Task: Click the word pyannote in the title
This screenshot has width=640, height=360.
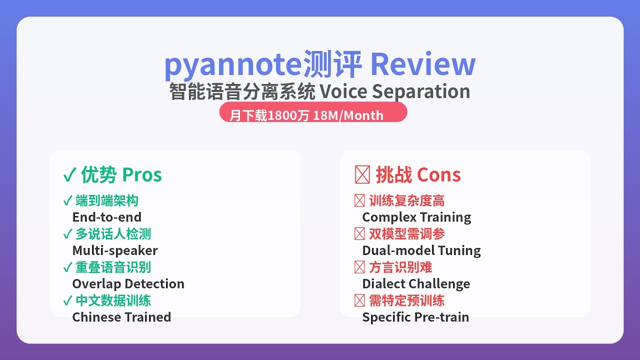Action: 233,66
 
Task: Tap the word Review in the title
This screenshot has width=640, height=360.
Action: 423,64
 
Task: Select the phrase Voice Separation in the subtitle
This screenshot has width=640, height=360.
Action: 395,91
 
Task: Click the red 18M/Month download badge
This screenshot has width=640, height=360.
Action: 313,112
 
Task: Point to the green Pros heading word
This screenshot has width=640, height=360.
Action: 142,175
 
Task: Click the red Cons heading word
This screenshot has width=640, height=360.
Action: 439,175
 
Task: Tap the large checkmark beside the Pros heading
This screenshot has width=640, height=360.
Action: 69,174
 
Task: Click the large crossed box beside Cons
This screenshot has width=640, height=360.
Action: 362,174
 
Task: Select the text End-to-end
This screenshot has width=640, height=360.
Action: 107,217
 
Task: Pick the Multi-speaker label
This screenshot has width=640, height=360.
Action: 115,250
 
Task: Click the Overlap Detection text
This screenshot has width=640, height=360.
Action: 128,284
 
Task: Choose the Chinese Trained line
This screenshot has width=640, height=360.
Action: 121,317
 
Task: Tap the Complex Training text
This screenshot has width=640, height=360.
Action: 416,217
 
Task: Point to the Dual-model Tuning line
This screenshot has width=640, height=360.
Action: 421,250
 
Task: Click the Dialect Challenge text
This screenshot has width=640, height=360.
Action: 416,284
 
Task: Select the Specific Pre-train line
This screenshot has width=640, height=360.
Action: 415,317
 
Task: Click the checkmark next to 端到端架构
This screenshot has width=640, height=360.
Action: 67,200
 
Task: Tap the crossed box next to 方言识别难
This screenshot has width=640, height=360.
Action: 359,267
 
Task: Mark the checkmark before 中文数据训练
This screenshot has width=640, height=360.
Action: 67,300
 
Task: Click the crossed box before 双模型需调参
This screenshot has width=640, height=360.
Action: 359,234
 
